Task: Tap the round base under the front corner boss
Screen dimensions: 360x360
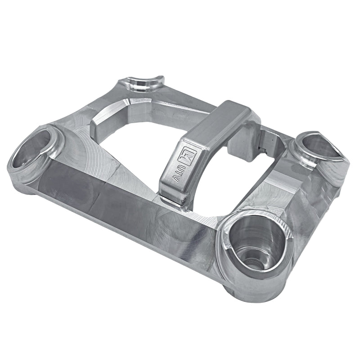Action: click(x=252, y=292)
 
